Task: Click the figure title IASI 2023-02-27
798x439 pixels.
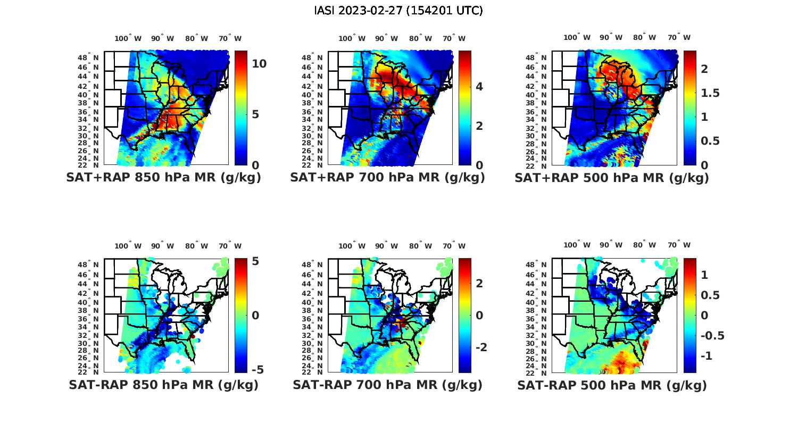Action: pyautogui.click(x=398, y=10)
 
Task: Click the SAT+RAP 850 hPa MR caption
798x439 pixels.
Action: pyautogui.click(x=163, y=178)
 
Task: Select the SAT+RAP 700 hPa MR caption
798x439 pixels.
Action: pyautogui.click(x=387, y=178)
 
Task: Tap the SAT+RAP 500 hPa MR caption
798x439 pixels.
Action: pyautogui.click(x=611, y=178)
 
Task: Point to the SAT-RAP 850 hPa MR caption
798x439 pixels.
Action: pyautogui.click(x=163, y=385)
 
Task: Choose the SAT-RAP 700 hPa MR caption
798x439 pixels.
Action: pyautogui.click(x=387, y=385)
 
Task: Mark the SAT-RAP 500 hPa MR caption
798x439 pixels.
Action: pyautogui.click(x=612, y=385)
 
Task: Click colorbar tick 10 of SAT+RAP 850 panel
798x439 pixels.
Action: pyautogui.click(x=259, y=63)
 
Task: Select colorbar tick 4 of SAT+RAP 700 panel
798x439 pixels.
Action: pyautogui.click(x=479, y=86)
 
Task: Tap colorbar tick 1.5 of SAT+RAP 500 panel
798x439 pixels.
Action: pyautogui.click(x=710, y=93)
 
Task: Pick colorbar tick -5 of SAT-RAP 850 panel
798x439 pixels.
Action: pyautogui.click(x=256, y=370)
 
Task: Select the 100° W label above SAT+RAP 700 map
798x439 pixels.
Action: pyautogui.click(x=352, y=38)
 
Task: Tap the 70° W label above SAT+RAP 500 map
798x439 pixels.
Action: pyautogui.click(x=679, y=37)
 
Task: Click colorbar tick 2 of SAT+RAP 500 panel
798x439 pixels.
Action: pyautogui.click(x=704, y=69)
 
